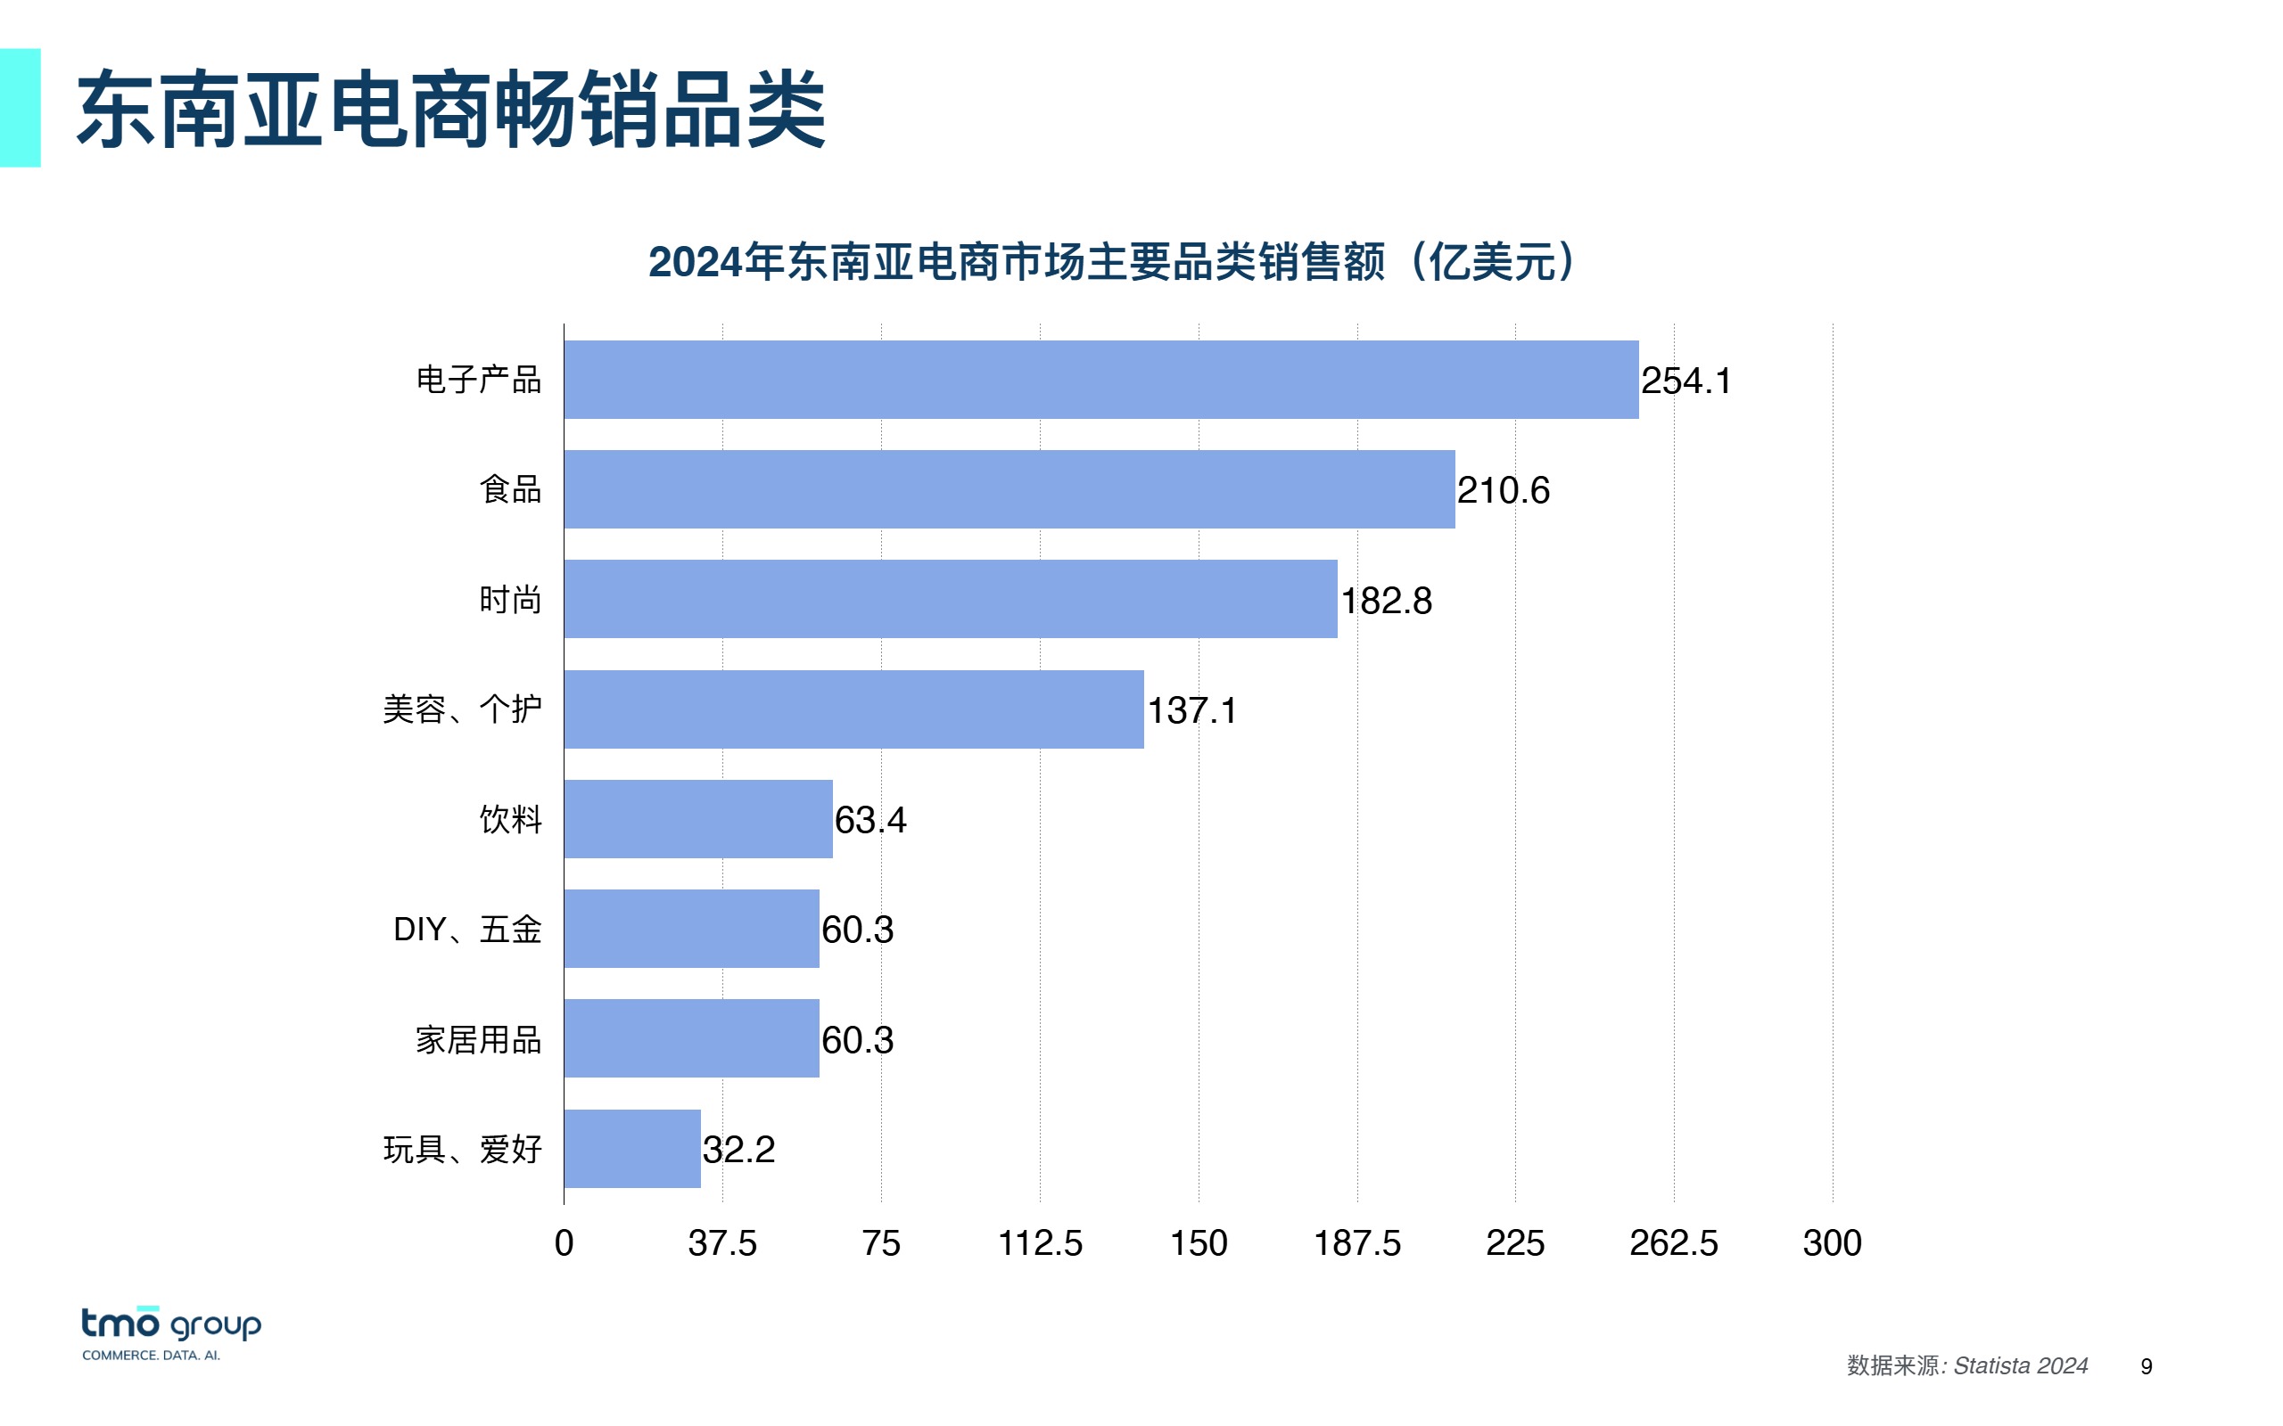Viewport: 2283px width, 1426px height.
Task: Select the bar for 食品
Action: (1009, 489)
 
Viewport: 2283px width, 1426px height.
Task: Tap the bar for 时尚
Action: (950, 600)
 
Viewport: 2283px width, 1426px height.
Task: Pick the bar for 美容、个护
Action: (853, 709)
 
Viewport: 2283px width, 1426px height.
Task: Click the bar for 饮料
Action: (698, 819)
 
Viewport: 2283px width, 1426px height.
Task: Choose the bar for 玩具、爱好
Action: (632, 1149)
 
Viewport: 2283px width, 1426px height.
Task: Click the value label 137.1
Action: (1191, 710)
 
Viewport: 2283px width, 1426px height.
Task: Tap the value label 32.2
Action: (738, 1150)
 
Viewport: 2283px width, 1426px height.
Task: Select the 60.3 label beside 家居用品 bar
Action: (857, 1040)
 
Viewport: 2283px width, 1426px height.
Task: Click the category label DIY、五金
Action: (467, 930)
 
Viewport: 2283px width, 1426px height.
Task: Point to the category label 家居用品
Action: (478, 1040)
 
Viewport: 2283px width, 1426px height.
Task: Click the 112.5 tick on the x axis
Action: (1040, 1243)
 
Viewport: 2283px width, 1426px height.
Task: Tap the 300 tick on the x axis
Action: (1831, 1243)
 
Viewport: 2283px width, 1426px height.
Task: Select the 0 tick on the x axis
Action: (565, 1243)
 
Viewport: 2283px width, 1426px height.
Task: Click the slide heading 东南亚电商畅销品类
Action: (451, 110)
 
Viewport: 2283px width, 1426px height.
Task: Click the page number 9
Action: (2147, 1366)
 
